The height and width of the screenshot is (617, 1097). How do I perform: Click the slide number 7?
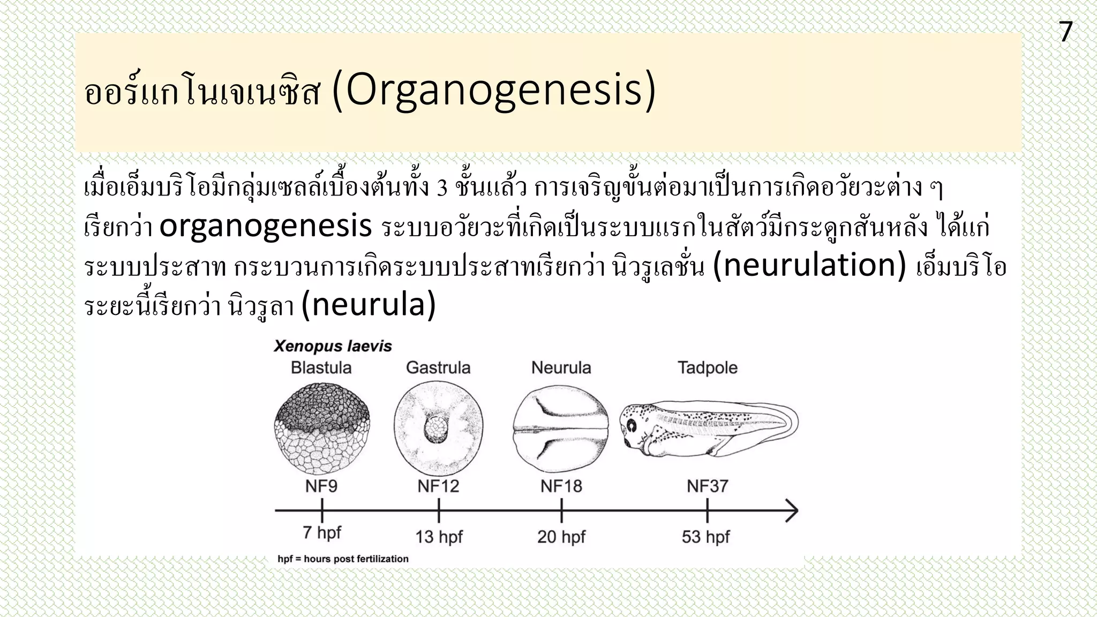pyautogui.click(x=1065, y=32)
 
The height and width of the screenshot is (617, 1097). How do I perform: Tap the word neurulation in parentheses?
pyautogui.click(x=809, y=266)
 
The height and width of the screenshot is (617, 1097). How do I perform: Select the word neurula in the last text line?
pyautogui.click(x=369, y=305)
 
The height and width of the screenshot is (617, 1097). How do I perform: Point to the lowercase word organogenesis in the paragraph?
pyautogui.click(x=266, y=226)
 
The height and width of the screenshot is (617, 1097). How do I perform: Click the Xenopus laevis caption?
pyautogui.click(x=333, y=346)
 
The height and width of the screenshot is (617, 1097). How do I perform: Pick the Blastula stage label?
pyautogui.click(x=321, y=368)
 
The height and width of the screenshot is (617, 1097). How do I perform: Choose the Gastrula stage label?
pyautogui.click(x=438, y=368)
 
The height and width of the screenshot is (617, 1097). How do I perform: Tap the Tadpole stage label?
pyautogui.click(x=707, y=368)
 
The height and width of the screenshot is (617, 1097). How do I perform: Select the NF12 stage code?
pyautogui.click(x=438, y=486)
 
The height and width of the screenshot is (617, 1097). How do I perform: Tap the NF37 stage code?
pyautogui.click(x=707, y=486)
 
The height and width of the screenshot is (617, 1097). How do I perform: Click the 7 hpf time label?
pyautogui.click(x=321, y=533)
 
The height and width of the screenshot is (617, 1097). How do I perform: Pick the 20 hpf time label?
pyautogui.click(x=561, y=537)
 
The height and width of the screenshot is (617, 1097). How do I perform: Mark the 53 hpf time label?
pyautogui.click(x=705, y=537)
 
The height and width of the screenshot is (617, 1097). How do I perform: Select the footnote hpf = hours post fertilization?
pyautogui.click(x=343, y=559)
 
